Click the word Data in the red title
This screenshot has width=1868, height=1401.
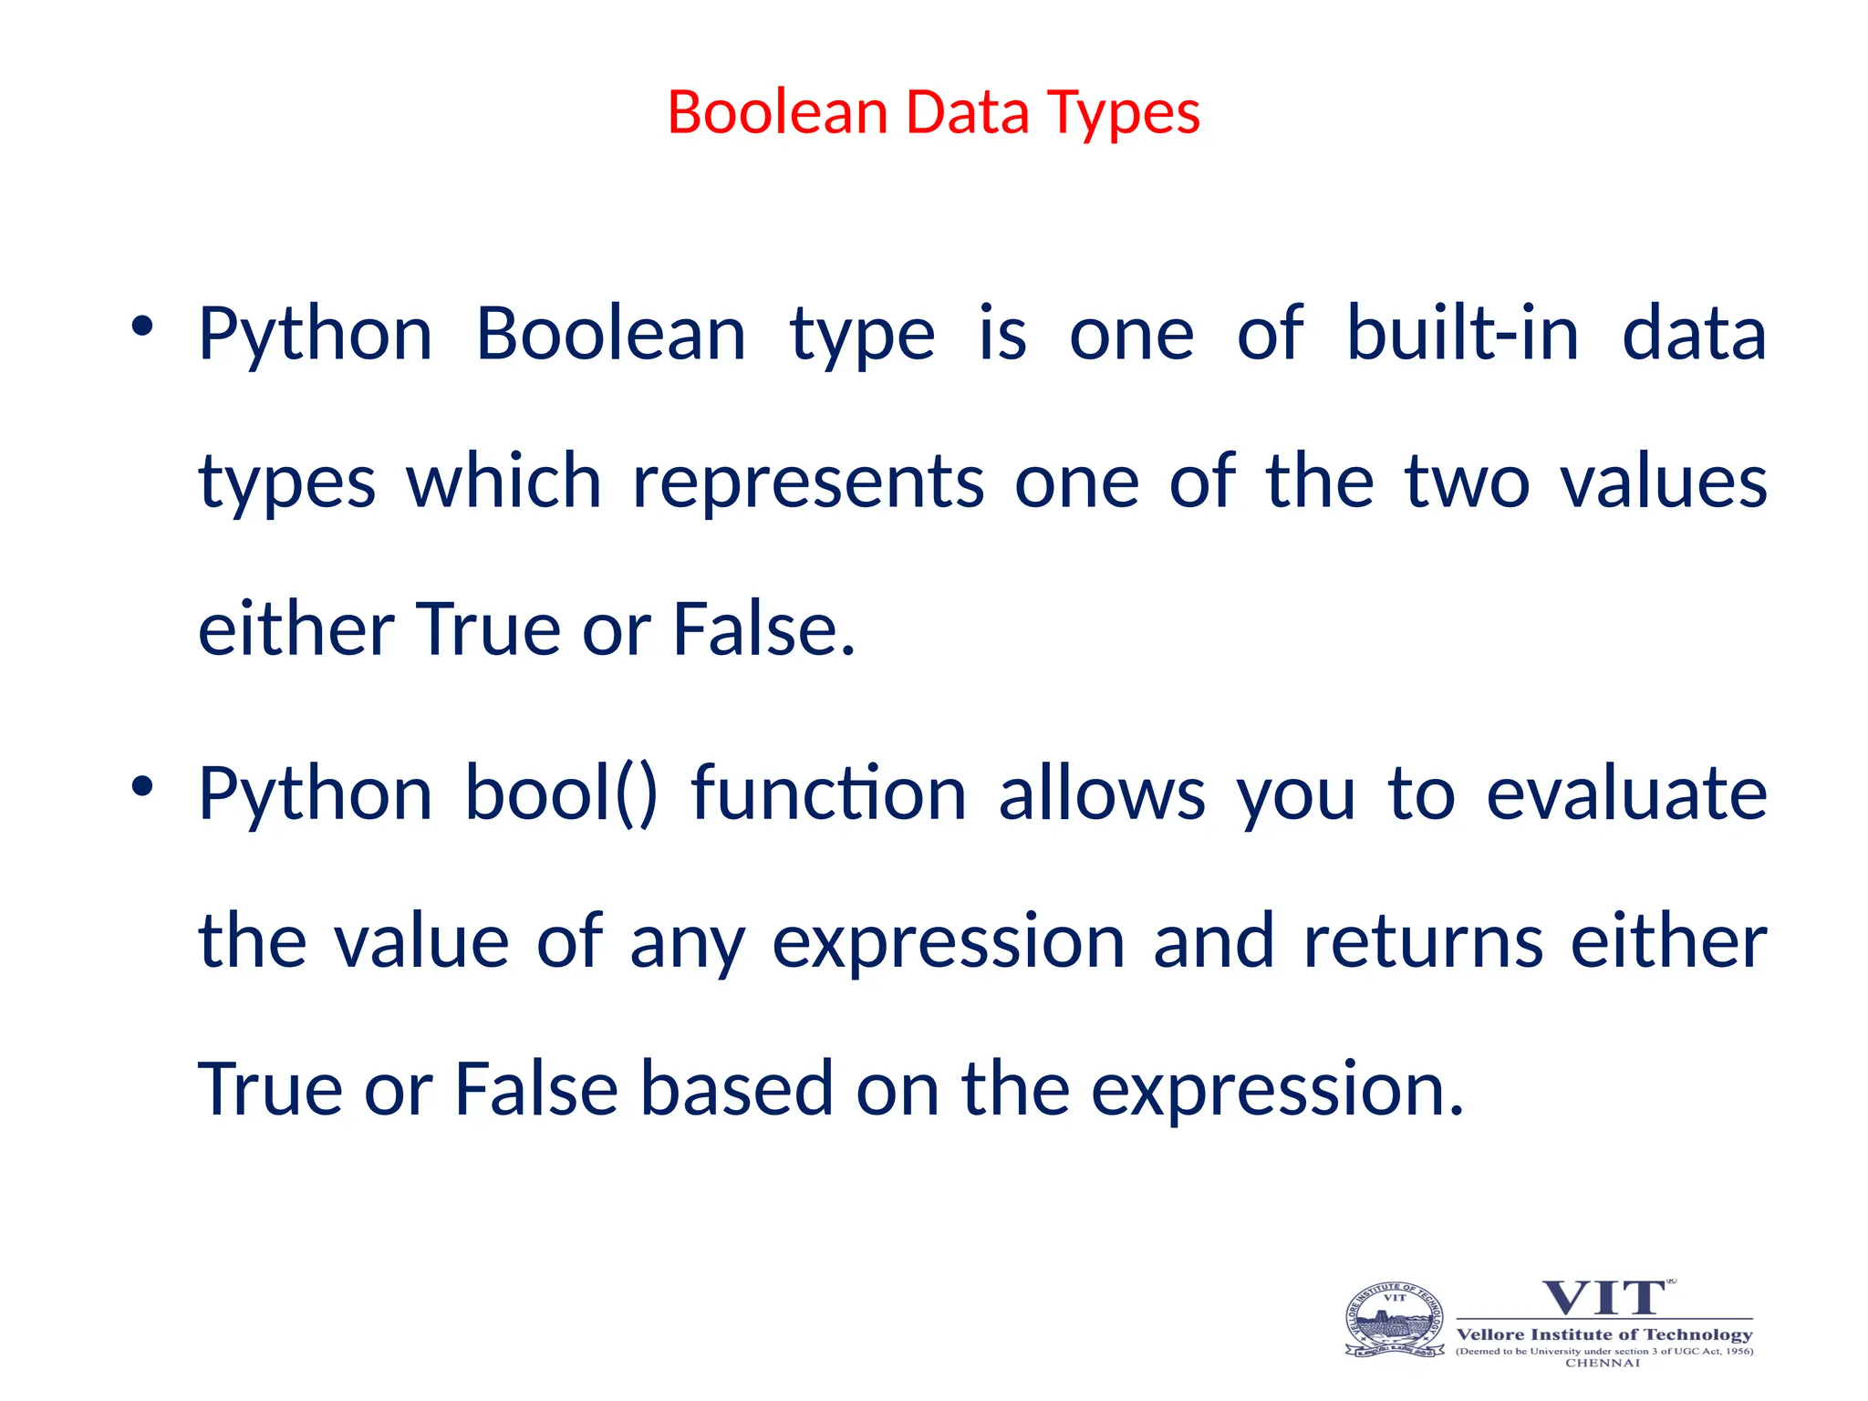coord(967,113)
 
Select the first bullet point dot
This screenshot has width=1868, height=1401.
coord(141,326)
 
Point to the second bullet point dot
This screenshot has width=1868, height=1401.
coord(141,785)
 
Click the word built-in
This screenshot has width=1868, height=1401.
coord(1462,334)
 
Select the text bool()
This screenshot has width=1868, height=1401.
coord(561,794)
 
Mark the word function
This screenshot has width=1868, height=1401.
coord(828,794)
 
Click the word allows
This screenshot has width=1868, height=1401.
coord(1102,794)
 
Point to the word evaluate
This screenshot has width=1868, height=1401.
coord(1626,794)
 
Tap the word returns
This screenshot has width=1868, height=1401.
coord(1423,942)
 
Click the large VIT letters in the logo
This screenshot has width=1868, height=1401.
coord(1603,1299)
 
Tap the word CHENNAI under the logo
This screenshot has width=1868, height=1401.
coord(1603,1364)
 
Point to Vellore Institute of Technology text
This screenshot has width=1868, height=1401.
coord(1604,1334)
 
